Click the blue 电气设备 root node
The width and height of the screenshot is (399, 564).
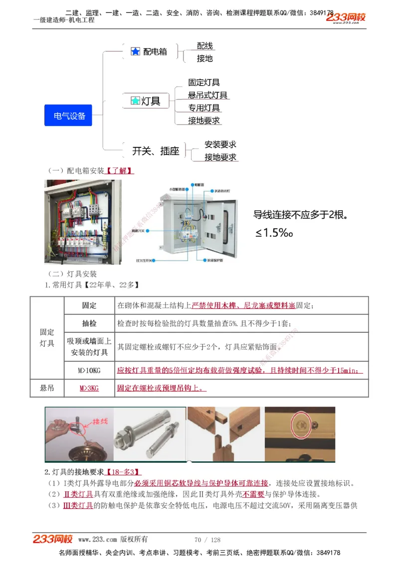pyautogui.click(x=69, y=116)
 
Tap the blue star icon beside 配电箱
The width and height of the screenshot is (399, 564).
pyautogui.click(x=135, y=51)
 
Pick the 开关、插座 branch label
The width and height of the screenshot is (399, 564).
pyautogui.click(x=156, y=151)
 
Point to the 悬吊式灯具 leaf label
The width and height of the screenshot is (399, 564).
pyautogui.click(x=207, y=95)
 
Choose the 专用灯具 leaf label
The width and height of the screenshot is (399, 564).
pyautogui.click(x=204, y=108)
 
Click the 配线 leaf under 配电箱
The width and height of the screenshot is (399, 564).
pyautogui.click(x=204, y=46)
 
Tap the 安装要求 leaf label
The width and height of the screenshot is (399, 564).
pyautogui.click(x=220, y=144)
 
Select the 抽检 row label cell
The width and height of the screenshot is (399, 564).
pyautogui.click(x=89, y=323)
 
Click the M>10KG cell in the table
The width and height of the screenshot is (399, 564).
pyautogui.click(x=89, y=370)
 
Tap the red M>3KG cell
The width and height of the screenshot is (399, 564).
pyautogui.click(x=89, y=388)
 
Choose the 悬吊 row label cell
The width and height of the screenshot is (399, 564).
pyautogui.click(x=47, y=388)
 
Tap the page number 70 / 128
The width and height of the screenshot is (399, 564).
pyautogui.click(x=207, y=540)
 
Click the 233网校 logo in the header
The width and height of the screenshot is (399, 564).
pyautogui.click(x=346, y=18)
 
